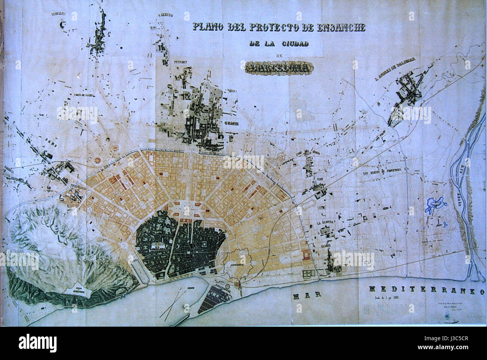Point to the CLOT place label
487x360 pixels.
coord(320,179)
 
